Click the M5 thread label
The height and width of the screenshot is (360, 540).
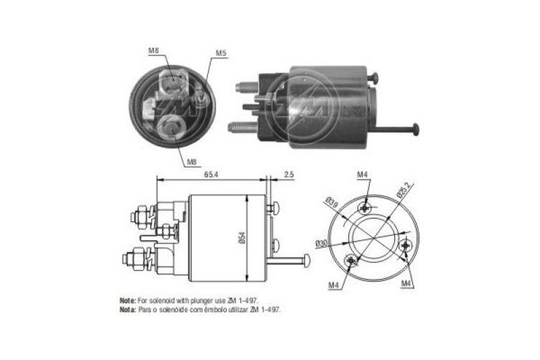click(x=221, y=53)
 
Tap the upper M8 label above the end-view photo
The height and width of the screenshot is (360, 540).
click(x=154, y=51)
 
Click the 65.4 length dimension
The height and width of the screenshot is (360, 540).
click(x=211, y=173)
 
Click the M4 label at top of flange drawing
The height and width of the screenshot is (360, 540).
click(x=362, y=176)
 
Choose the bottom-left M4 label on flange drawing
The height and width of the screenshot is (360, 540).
click(x=333, y=284)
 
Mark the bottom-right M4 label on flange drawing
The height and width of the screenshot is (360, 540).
click(x=406, y=283)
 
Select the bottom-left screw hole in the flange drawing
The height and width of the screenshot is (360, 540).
click(x=350, y=261)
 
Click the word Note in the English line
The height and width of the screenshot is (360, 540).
click(x=126, y=299)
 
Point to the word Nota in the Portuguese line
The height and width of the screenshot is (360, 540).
click(x=126, y=309)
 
